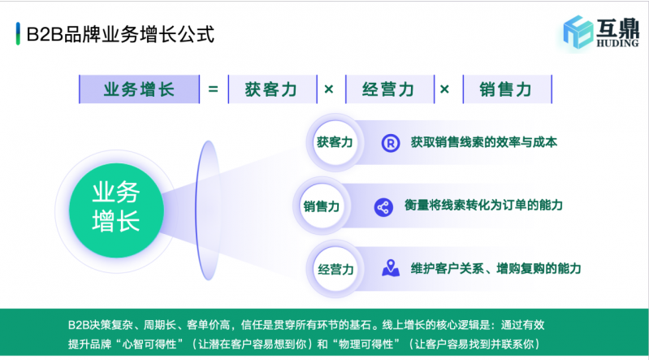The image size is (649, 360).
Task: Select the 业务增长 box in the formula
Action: pos(139,89)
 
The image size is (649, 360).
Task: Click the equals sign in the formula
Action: pos(213,89)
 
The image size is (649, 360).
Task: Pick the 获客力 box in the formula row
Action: pos(272,89)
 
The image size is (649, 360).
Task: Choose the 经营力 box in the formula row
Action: pos(389,89)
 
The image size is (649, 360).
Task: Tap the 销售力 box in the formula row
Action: pos(506,89)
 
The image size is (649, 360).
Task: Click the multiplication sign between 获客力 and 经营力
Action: pos(330,89)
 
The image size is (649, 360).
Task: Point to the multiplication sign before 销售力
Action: pos(445,89)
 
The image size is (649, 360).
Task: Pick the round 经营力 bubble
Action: pos(335,268)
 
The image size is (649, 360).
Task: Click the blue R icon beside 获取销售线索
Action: pos(392,143)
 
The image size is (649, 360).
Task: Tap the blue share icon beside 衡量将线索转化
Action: pos(383,206)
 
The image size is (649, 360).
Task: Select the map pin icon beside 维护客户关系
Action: pos(392,267)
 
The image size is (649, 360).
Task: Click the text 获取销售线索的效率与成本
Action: pos(483,142)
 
